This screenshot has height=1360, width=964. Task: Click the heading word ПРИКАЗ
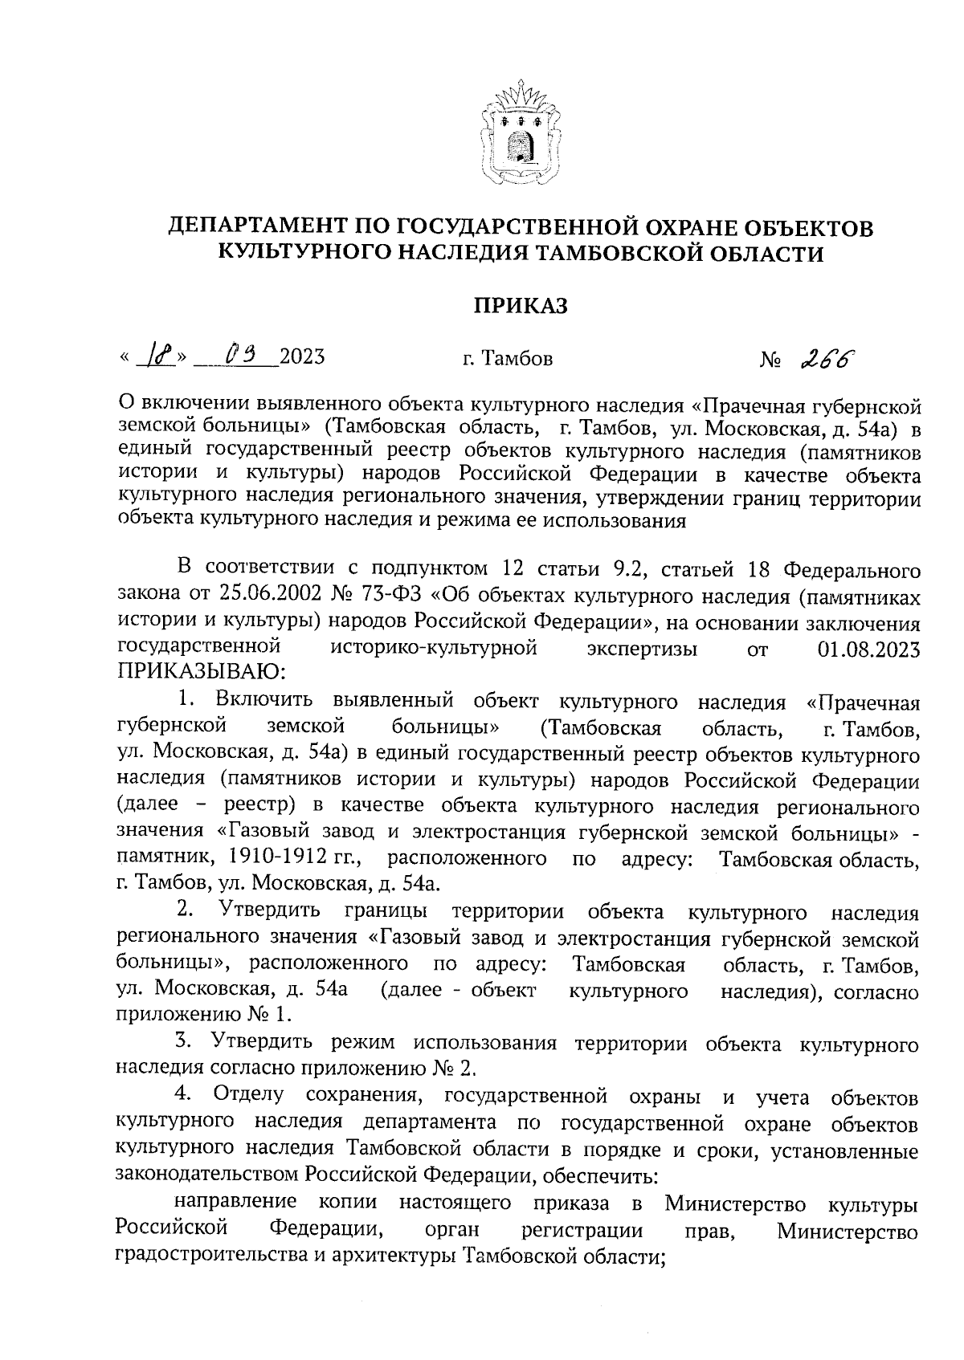coord(520,306)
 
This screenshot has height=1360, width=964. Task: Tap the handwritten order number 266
coord(827,356)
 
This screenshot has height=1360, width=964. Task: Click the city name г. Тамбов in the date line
coord(507,358)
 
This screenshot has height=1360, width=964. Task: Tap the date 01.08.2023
coord(868,650)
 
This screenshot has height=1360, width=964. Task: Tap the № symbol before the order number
coord(770,358)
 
